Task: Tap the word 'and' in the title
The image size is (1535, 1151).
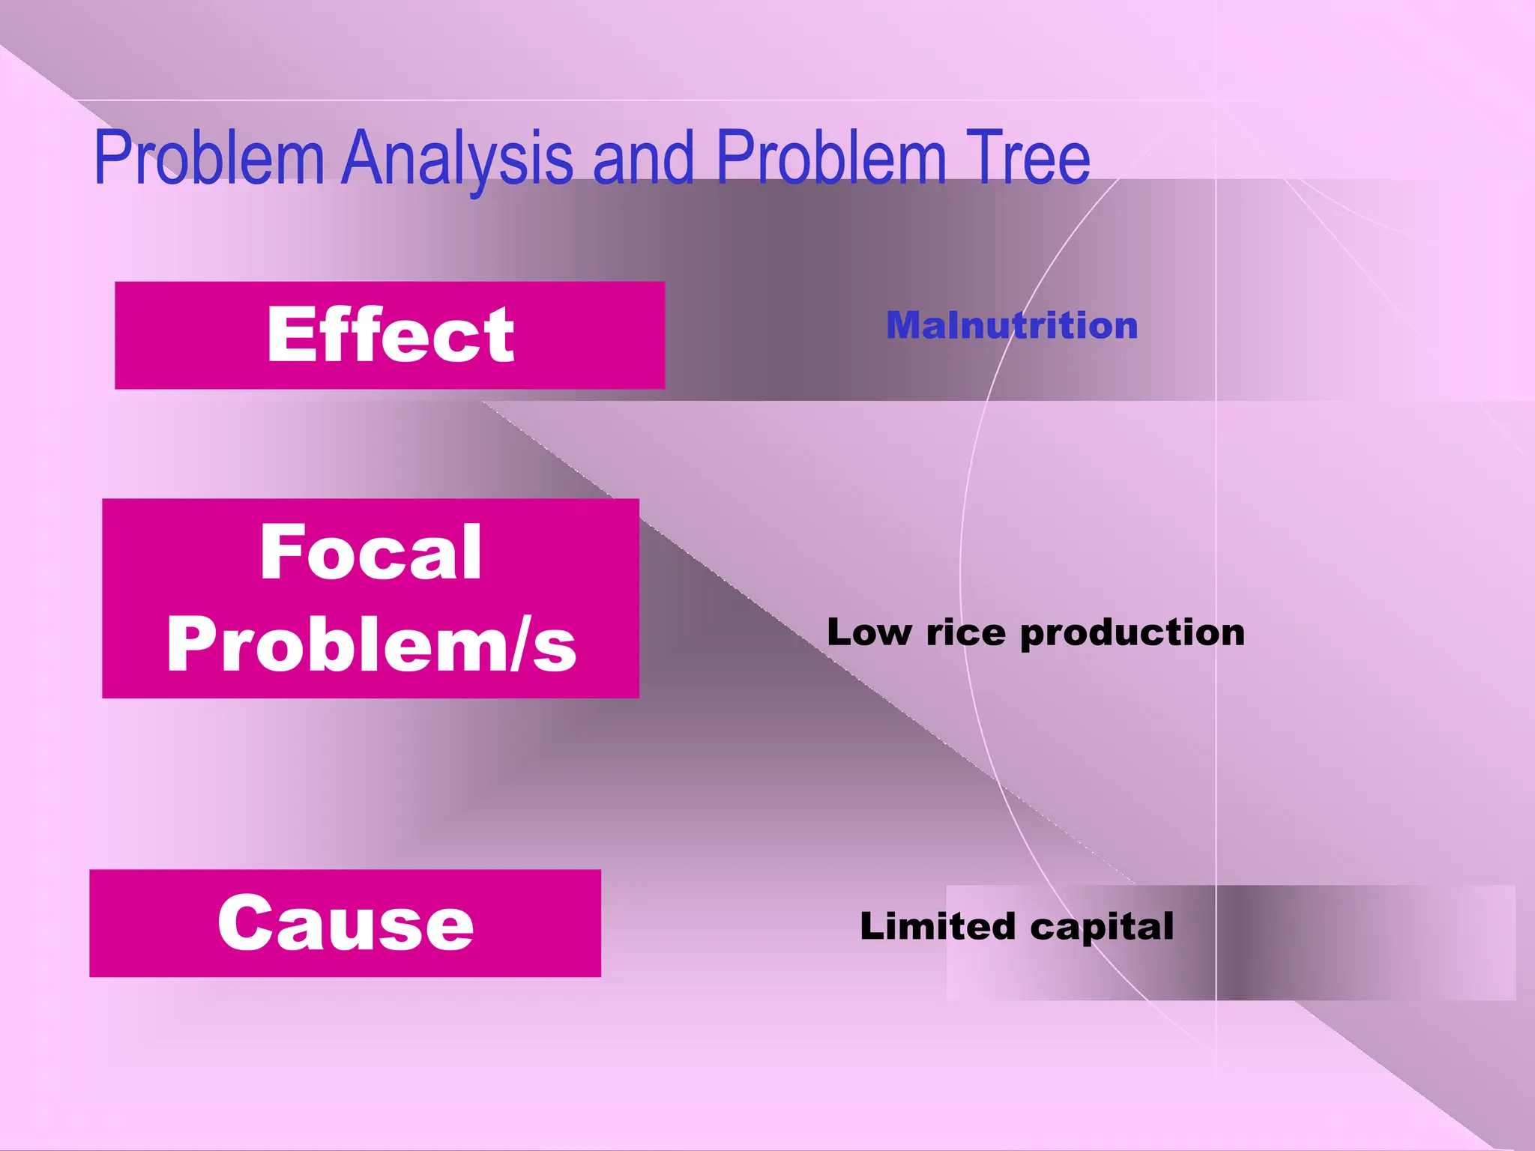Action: click(643, 159)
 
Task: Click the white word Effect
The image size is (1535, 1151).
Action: click(390, 335)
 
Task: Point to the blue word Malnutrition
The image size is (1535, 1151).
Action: click(1012, 325)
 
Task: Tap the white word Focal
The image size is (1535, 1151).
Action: click(371, 552)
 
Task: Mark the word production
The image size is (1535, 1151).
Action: click(1132, 633)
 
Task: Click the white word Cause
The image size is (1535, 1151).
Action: click(346, 922)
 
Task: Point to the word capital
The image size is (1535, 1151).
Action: click(1102, 928)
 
